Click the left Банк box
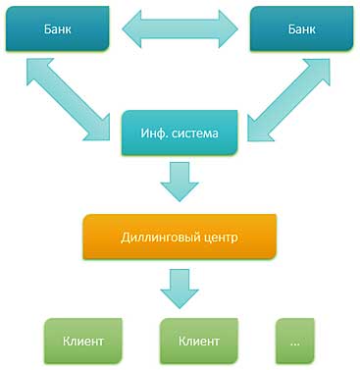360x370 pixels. [55, 30]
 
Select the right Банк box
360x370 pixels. [296, 30]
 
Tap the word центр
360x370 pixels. [223, 238]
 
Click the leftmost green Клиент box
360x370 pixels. [82, 341]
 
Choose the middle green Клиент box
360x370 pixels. [199, 341]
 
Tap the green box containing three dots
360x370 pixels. [296, 341]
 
